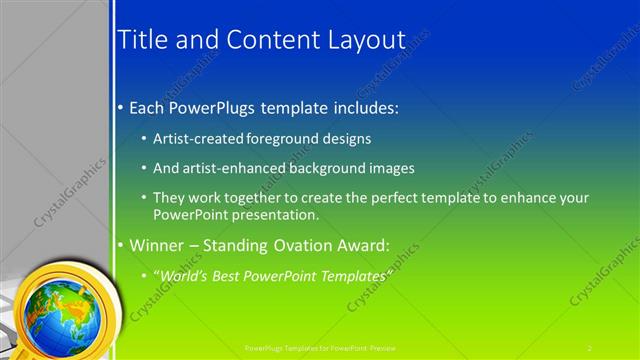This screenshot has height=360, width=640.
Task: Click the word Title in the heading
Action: pos(143,40)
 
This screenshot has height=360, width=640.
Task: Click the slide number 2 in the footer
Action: pos(590,347)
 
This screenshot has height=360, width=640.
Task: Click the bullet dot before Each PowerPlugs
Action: pos(121,105)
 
